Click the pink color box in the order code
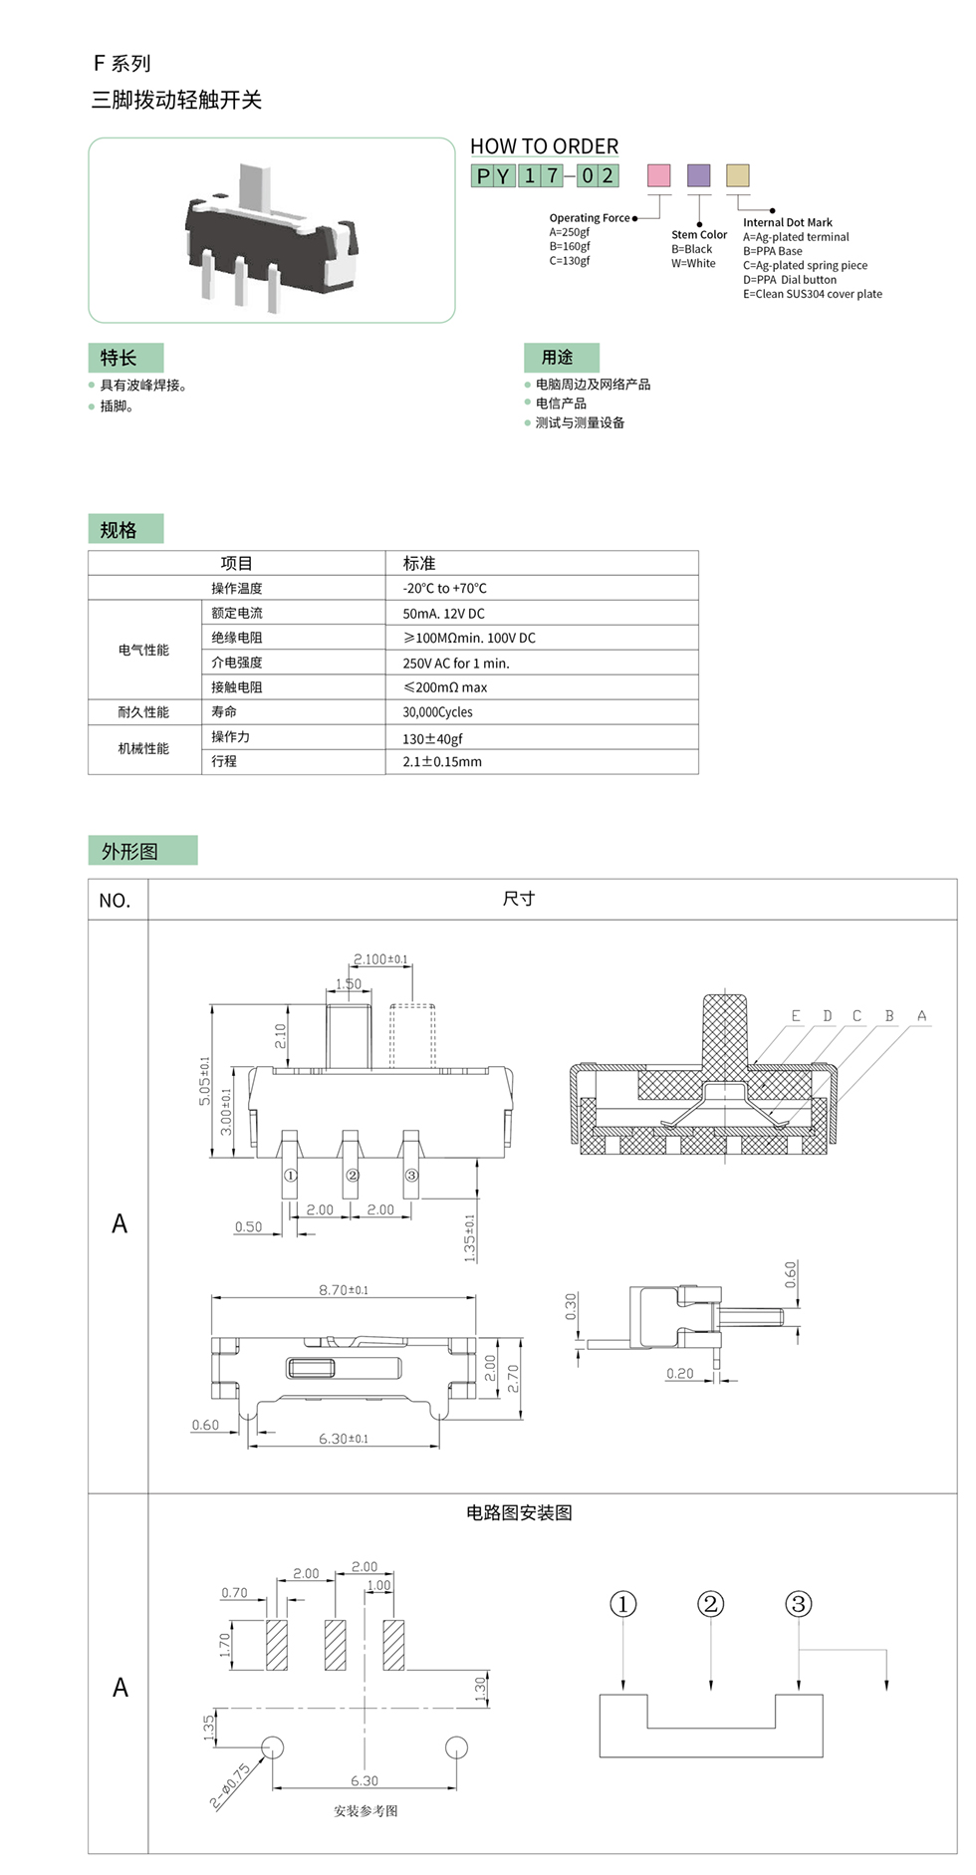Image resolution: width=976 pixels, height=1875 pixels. click(x=659, y=175)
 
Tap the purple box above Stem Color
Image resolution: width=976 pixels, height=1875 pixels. click(x=699, y=175)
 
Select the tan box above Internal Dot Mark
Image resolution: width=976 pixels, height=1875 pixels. click(x=737, y=175)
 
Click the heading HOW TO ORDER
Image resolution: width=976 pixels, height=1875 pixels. click(x=544, y=146)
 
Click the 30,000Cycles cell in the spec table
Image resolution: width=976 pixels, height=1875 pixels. click(x=437, y=712)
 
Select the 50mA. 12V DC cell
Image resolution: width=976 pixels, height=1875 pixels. click(x=443, y=614)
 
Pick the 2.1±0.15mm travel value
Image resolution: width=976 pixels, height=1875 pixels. click(x=442, y=762)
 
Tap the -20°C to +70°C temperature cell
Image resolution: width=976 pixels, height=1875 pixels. click(x=444, y=589)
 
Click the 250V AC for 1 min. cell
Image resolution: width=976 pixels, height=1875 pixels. click(x=455, y=664)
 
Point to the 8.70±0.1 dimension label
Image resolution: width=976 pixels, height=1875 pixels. click(x=344, y=1290)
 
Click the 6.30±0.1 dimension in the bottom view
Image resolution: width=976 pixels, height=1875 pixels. click(x=344, y=1439)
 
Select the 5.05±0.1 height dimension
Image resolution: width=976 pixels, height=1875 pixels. click(x=205, y=1081)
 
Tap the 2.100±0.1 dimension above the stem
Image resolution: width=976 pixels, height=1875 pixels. click(x=380, y=959)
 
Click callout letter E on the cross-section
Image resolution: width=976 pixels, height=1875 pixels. click(x=796, y=1016)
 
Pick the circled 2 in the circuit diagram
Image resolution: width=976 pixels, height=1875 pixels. click(x=710, y=1604)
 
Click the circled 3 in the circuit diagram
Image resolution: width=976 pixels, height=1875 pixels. click(x=798, y=1604)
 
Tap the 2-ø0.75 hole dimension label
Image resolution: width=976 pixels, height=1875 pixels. click(x=230, y=1785)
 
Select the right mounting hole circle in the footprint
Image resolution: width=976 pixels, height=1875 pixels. click(x=456, y=1746)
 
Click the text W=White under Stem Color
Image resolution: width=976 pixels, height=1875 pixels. click(x=693, y=264)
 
